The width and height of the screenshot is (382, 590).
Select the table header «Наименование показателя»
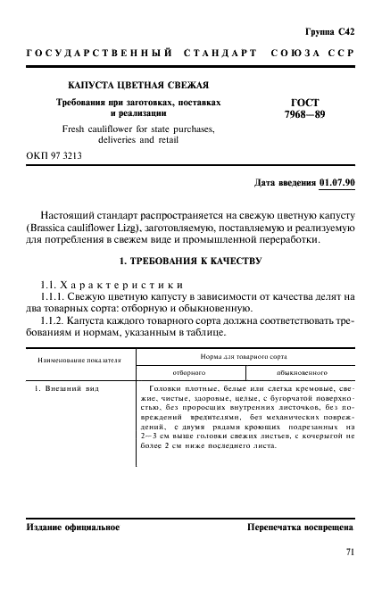(x=79, y=363)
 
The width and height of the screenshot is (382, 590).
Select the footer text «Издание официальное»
(x=73, y=528)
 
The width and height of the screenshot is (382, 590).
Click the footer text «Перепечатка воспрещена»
(x=301, y=528)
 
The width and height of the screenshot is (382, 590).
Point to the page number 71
(x=349, y=552)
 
